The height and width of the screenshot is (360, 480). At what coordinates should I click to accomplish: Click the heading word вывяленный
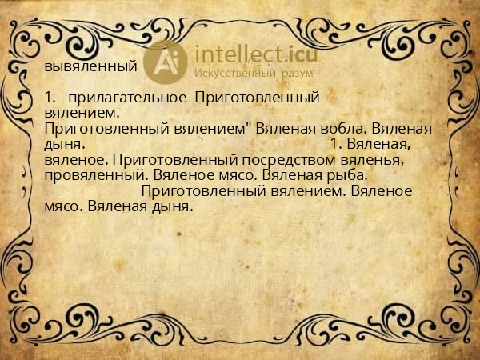tap(90, 66)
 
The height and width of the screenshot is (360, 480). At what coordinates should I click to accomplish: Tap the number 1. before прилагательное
tap(50, 98)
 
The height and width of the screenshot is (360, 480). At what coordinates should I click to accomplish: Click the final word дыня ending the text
tap(171, 205)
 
